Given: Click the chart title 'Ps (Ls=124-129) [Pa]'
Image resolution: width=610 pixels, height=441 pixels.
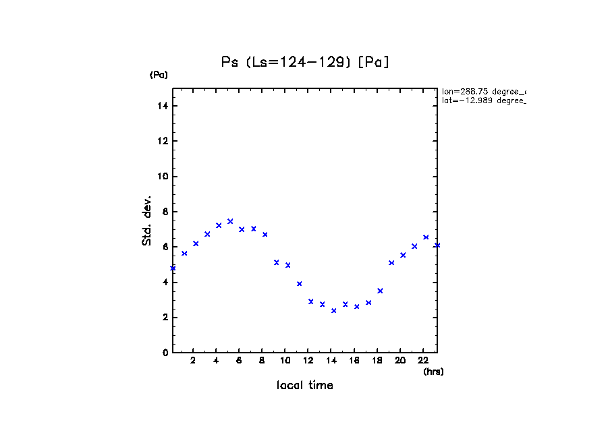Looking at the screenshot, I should [305, 62].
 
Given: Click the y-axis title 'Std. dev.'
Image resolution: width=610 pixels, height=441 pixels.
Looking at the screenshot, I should [147, 220].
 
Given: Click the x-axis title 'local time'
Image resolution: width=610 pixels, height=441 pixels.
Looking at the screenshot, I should [304, 386].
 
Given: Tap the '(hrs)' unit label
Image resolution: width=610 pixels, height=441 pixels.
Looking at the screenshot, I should [433, 372].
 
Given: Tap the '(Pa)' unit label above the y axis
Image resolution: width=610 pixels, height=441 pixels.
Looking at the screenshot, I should [159, 75].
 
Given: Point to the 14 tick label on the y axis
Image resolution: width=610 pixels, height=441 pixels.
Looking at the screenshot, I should [163, 106].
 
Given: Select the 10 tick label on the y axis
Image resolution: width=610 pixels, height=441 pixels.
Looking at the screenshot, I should [163, 177].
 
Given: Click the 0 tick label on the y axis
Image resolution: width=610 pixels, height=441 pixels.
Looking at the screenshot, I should [165, 353].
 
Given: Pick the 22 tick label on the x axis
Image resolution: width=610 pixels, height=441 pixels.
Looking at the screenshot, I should [423, 360].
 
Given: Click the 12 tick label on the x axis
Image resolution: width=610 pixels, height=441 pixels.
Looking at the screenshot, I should [308, 360].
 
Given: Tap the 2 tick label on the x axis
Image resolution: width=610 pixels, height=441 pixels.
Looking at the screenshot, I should [193, 360].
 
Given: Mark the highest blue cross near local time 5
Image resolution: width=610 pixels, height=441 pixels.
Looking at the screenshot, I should [230, 221].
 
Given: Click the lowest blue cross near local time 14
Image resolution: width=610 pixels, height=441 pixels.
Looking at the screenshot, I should [333, 311].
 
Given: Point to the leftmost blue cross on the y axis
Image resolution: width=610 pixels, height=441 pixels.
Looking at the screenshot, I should [173, 268].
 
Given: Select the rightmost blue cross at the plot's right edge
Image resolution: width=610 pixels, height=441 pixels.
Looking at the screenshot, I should [437, 245].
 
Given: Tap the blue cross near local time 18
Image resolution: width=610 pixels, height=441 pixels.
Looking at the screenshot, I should [380, 291].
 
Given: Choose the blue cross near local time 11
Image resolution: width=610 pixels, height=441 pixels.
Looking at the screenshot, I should [299, 284].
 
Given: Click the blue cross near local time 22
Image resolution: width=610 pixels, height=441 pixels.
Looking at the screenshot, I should [426, 237].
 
